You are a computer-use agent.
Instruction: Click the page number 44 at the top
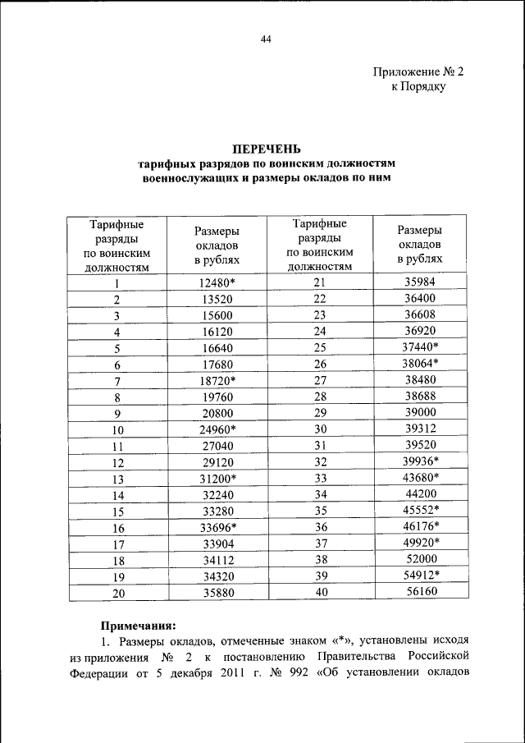[266, 39]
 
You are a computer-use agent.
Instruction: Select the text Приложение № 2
[419, 71]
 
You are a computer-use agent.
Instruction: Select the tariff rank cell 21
[320, 283]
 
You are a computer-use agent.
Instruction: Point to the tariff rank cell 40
[320, 594]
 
